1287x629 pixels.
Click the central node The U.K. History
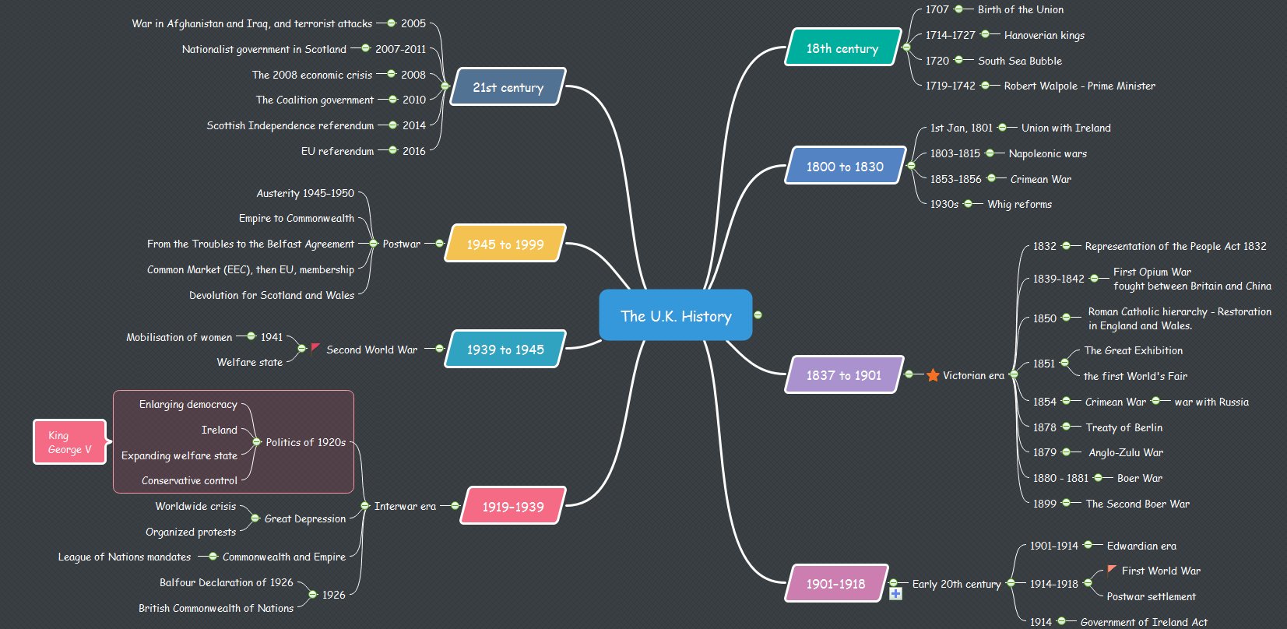[x=675, y=315]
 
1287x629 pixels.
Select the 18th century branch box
[x=842, y=47]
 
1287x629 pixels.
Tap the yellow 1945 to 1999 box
[x=505, y=244]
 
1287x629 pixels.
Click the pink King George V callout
[x=69, y=441]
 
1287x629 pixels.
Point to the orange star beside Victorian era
[x=933, y=375]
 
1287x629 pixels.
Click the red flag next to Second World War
[x=315, y=347]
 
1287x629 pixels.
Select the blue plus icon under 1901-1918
[x=895, y=594]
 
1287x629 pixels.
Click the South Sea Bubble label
[x=1019, y=61]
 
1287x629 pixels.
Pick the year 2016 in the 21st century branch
[x=413, y=151]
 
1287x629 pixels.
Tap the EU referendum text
[x=337, y=151]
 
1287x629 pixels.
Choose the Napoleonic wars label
[x=1047, y=153]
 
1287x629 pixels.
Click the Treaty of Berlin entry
[x=1123, y=427]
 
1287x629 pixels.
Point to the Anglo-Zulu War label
[x=1125, y=452]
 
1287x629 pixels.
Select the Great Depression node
[x=304, y=518]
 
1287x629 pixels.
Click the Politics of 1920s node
[x=305, y=442]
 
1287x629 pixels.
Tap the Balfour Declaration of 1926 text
[x=226, y=582]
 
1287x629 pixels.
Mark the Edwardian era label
[x=1141, y=546]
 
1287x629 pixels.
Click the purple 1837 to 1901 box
[x=844, y=375]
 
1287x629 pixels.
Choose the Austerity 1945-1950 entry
[x=305, y=193]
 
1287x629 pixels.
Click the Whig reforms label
[x=1019, y=204]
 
